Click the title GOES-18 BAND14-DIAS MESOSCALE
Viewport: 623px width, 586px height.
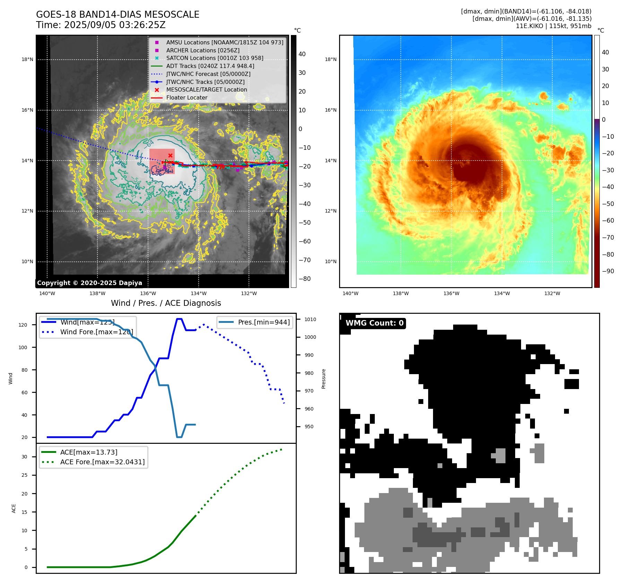(x=118, y=15)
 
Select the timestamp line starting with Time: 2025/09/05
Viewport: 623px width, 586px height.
(x=101, y=25)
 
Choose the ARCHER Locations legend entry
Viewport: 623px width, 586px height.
(x=203, y=50)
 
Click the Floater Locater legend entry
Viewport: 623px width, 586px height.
(x=187, y=98)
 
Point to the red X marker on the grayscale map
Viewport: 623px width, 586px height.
(x=170, y=155)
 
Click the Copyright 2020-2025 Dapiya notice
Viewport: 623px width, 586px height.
(x=89, y=283)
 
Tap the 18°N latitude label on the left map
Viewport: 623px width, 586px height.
(x=27, y=60)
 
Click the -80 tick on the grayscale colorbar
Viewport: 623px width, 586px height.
(x=305, y=279)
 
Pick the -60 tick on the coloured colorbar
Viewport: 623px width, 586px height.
(x=608, y=221)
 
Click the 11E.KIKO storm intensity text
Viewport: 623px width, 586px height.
(x=553, y=26)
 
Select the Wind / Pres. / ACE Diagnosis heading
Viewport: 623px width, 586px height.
(x=166, y=303)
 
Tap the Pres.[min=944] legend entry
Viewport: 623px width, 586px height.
(x=264, y=322)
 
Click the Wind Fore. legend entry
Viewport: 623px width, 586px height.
(x=96, y=332)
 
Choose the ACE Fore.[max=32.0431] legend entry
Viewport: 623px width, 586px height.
(x=102, y=462)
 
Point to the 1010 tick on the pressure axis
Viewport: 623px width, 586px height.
(x=310, y=319)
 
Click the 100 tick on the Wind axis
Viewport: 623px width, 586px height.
(x=23, y=347)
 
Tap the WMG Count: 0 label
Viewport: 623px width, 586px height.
(x=374, y=323)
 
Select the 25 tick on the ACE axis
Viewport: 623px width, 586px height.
(x=25, y=475)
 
